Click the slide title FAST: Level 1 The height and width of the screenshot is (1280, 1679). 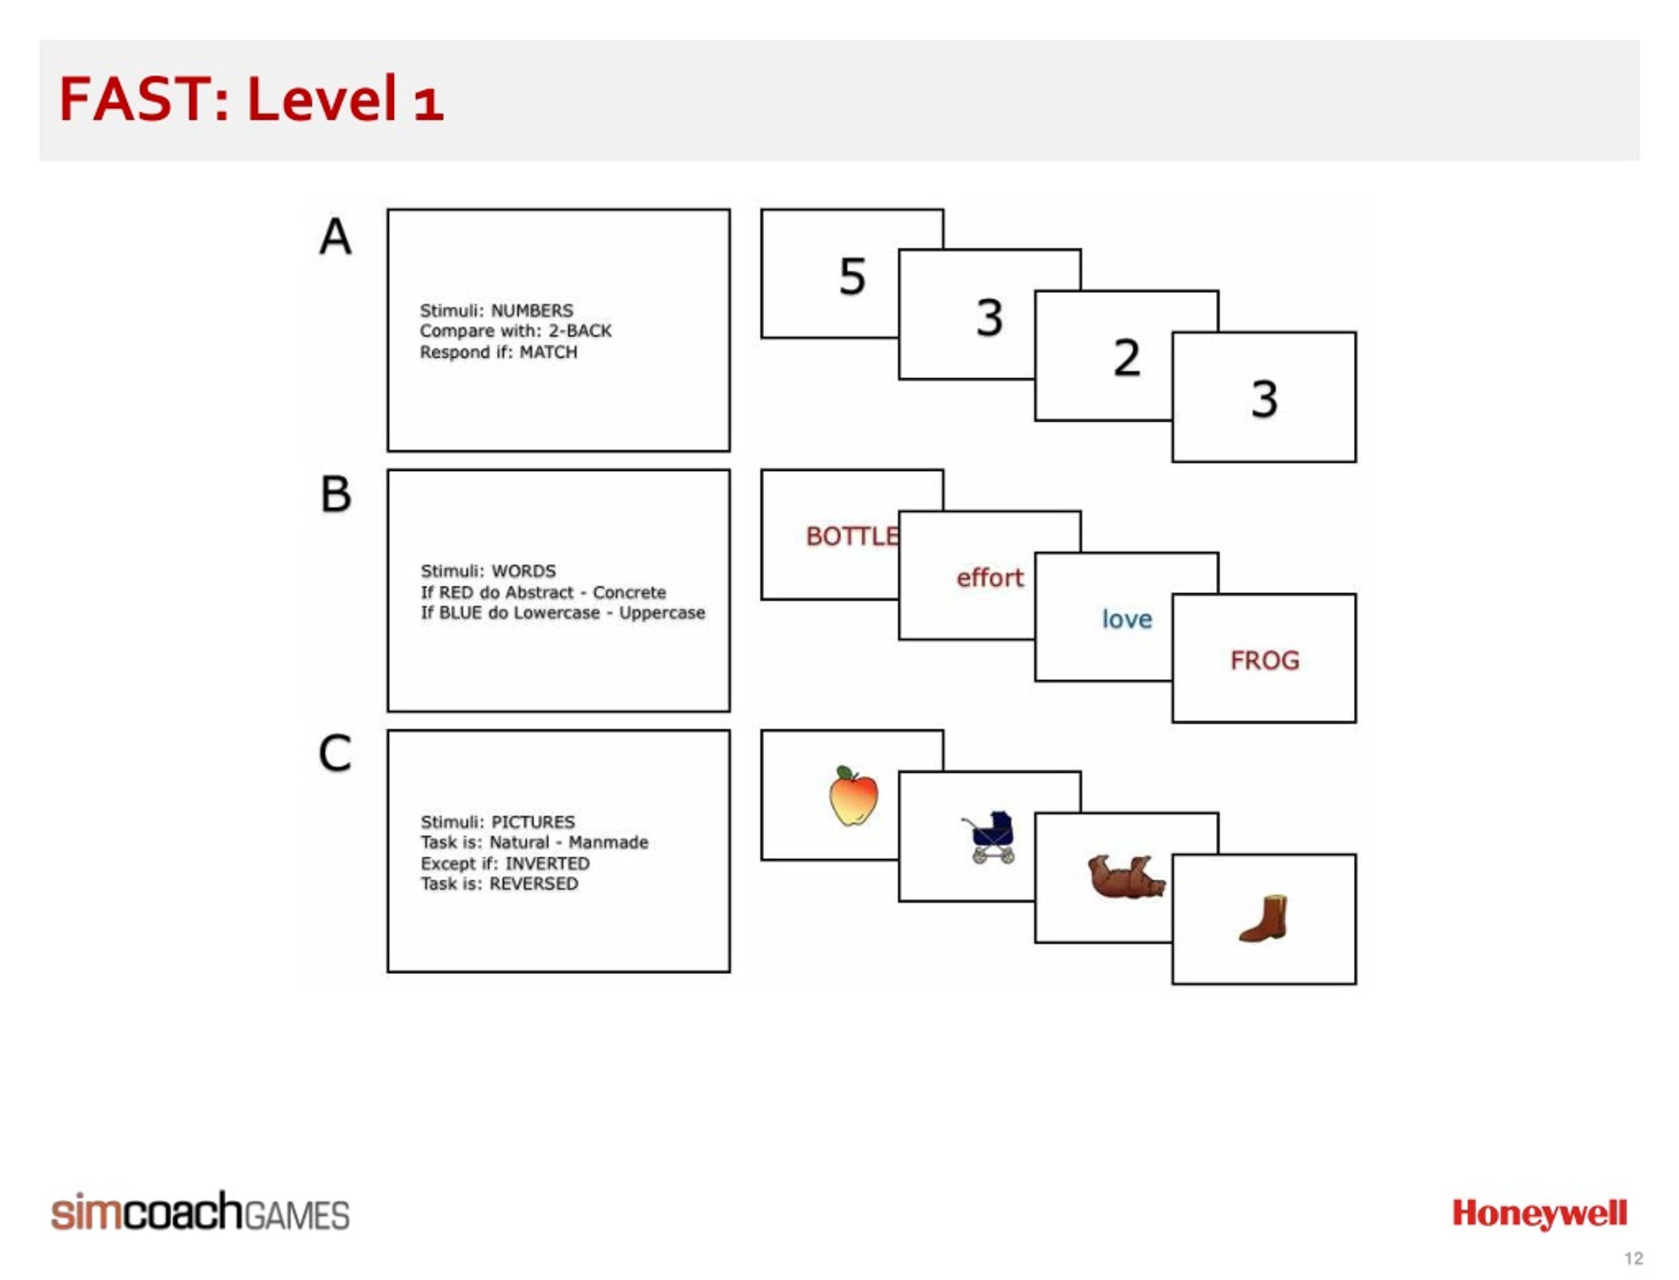tap(251, 99)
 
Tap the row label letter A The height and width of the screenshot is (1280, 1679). tap(335, 236)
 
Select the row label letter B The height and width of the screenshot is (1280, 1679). tap(335, 494)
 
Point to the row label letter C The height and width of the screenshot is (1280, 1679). tap(335, 753)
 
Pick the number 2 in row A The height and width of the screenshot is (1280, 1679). tap(1127, 357)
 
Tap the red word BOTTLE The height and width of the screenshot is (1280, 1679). tap(852, 536)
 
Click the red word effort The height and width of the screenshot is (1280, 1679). tap(989, 578)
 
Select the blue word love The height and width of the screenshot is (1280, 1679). tap(1127, 618)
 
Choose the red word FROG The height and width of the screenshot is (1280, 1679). tap(1264, 660)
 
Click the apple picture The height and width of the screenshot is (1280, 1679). tap(853, 795)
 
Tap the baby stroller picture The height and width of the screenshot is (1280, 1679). tap(989, 837)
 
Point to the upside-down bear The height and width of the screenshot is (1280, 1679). tap(1125, 876)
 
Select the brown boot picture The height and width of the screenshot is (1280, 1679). tap(1264, 919)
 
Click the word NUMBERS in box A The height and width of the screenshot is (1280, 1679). tap(532, 311)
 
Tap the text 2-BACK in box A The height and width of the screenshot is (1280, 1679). tap(579, 330)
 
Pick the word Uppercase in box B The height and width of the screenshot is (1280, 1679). tap(662, 612)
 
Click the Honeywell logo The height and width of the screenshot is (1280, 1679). tap(1539, 1214)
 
